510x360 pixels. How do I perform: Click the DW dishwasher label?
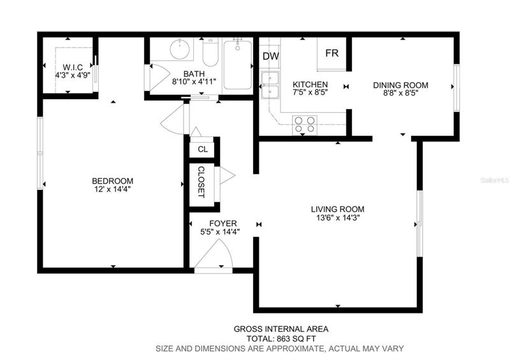[270, 56]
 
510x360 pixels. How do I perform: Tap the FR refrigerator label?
[331, 53]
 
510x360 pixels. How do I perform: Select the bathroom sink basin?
[180, 49]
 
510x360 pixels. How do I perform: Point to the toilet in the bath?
[210, 52]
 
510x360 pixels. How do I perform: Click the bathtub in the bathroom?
[238, 65]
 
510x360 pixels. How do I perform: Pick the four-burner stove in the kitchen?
[305, 125]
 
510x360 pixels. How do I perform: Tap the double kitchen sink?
[270, 85]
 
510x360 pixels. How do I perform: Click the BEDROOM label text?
[113, 181]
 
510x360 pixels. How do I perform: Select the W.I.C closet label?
[73, 68]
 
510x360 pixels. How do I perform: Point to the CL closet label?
[203, 149]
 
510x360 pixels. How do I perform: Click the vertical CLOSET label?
[201, 182]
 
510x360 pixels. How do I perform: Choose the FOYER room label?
[223, 224]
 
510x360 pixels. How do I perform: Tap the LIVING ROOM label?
[338, 209]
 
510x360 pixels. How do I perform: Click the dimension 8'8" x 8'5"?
[400, 93]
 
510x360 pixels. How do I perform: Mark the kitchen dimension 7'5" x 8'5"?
[310, 92]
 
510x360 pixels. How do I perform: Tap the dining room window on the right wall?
[456, 88]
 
